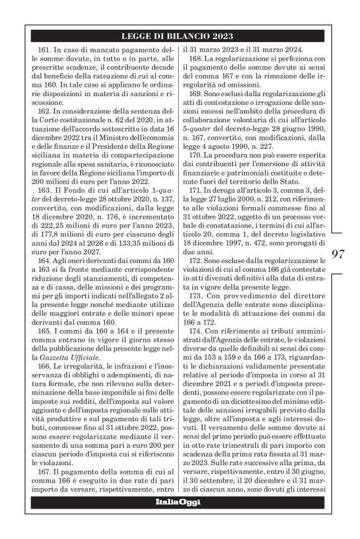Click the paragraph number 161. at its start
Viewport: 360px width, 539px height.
pyautogui.click(x=47, y=48)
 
